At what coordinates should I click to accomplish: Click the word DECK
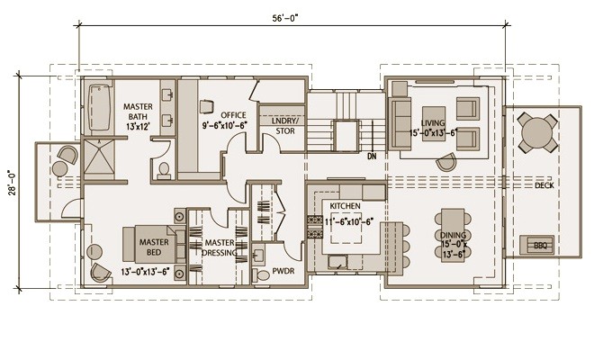click(x=544, y=185)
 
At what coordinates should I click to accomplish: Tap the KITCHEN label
click(x=346, y=205)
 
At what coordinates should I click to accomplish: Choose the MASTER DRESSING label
click(x=220, y=247)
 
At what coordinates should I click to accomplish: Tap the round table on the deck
click(x=538, y=133)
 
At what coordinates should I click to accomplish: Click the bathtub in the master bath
click(x=98, y=108)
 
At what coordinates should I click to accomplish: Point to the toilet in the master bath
click(x=164, y=169)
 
